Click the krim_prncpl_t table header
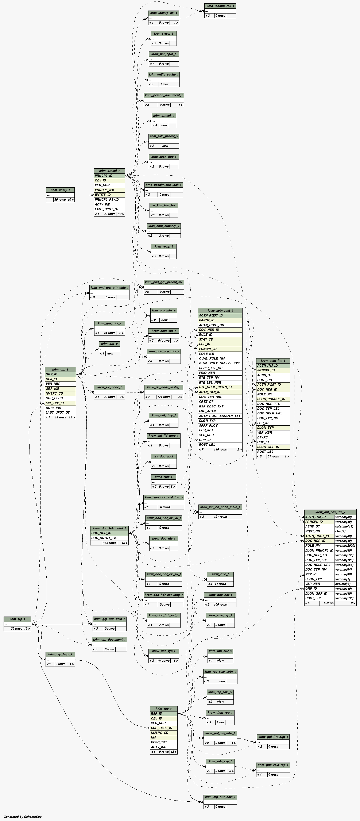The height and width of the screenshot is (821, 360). coord(109,171)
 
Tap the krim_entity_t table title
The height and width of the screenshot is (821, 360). coord(60,190)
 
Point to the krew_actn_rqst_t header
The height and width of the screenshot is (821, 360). coord(220,310)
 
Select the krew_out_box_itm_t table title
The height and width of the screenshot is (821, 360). coord(330,512)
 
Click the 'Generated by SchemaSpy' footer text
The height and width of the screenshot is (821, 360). coord(22,817)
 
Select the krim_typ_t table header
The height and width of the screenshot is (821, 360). coord(17,619)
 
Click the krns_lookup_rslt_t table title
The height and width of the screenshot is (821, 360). coord(220,6)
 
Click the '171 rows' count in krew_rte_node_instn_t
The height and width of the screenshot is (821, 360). coord(164,397)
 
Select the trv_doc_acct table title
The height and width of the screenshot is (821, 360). coord(164,456)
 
